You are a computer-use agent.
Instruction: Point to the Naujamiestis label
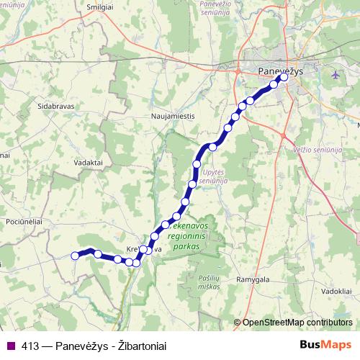pos(171,114)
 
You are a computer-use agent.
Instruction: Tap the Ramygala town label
pos(252,279)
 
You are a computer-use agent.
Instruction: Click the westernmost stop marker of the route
pos(74,254)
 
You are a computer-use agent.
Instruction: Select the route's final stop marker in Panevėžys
pos(284,78)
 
